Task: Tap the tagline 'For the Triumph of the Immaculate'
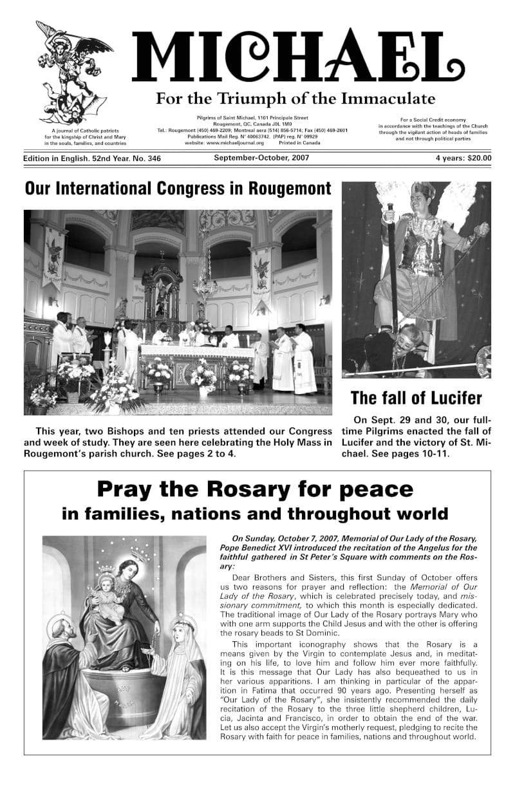(295, 99)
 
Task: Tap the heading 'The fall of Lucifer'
(416, 397)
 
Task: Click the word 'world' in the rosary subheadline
(420, 514)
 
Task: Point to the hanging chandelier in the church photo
(204, 278)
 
